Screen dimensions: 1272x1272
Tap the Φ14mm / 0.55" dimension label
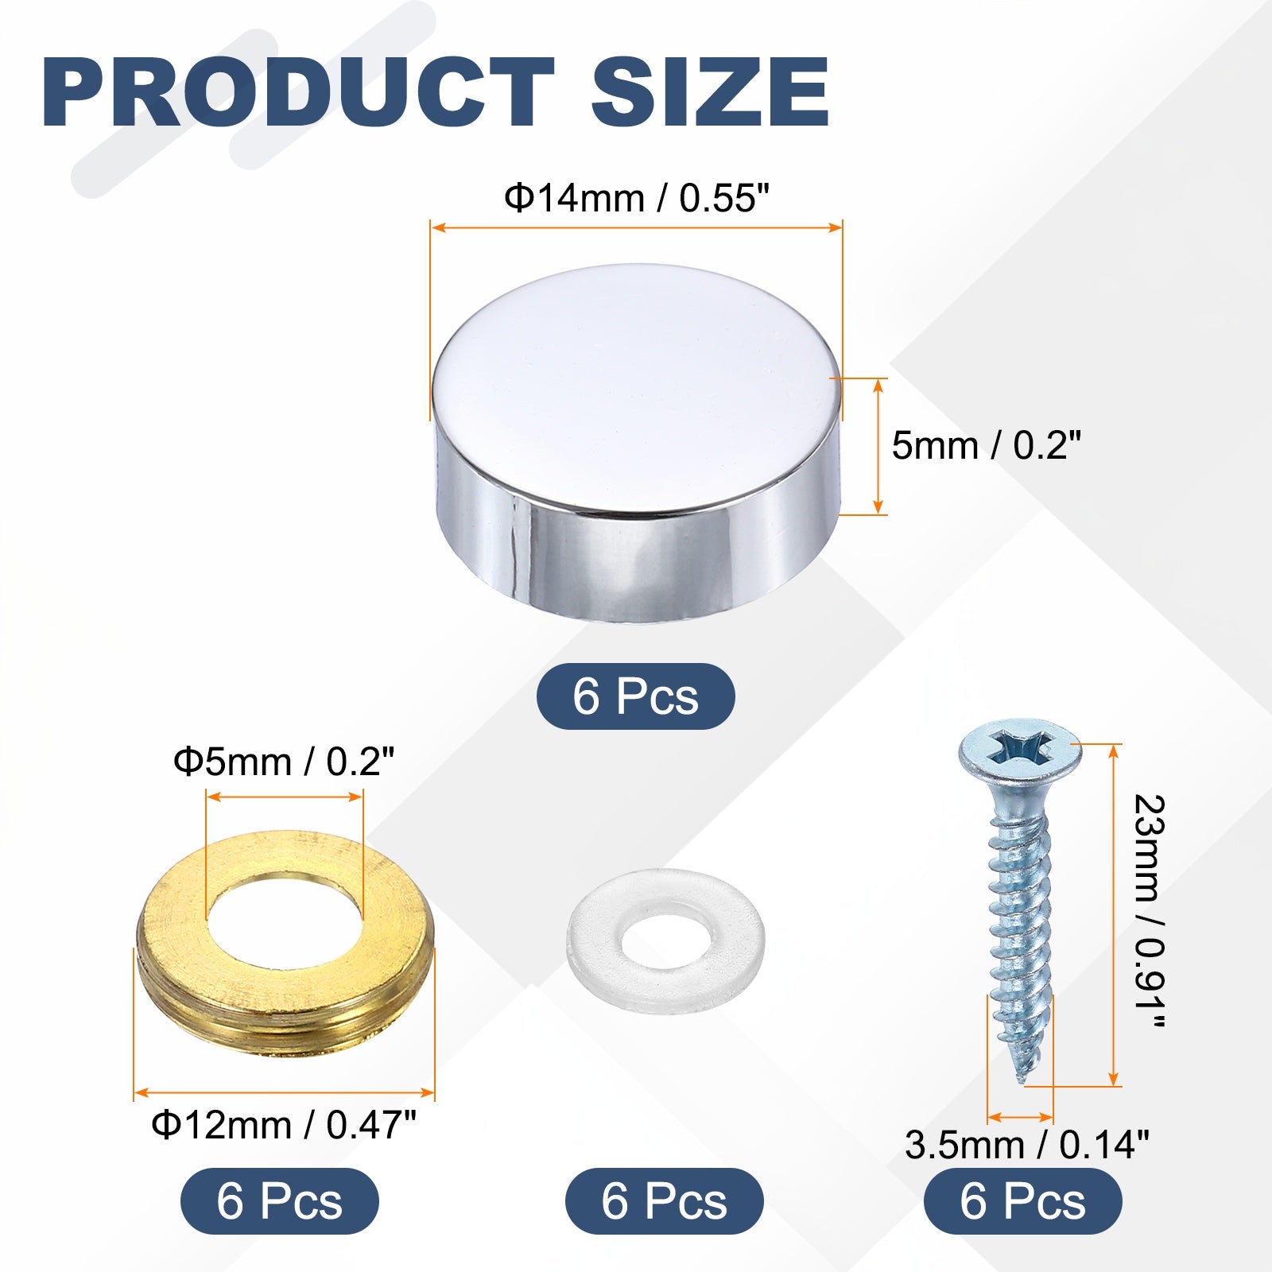(638, 198)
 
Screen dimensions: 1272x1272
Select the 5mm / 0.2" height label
(987, 445)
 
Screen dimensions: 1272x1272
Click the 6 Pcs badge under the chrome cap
(636, 696)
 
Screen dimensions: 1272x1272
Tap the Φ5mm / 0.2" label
(284, 762)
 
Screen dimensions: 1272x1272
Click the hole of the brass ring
(285, 921)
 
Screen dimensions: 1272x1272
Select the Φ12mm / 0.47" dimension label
(284, 1125)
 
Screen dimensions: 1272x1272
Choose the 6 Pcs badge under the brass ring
(280, 1200)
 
